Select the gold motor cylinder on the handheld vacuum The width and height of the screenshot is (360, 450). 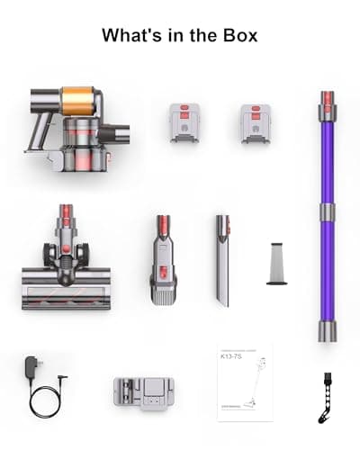[x=78, y=97]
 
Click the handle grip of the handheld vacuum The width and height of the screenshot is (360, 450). [x=44, y=121]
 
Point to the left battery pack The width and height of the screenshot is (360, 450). [x=185, y=123]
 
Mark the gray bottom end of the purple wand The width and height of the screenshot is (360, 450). [x=327, y=330]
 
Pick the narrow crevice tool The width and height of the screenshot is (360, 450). [x=221, y=261]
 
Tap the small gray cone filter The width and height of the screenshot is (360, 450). [x=277, y=265]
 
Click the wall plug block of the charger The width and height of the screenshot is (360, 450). [x=35, y=368]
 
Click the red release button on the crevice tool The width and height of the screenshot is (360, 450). [x=221, y=221]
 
